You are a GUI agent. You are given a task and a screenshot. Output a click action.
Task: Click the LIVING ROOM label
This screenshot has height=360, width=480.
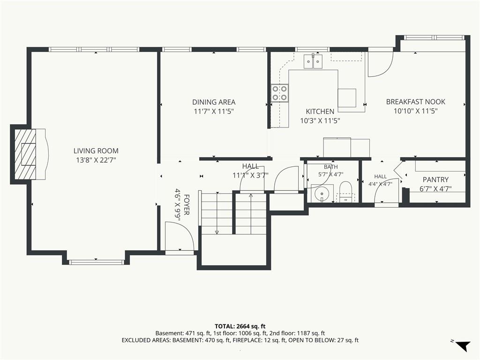coord(96,150)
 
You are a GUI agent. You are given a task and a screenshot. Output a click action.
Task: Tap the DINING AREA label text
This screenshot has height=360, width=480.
coord(214,102)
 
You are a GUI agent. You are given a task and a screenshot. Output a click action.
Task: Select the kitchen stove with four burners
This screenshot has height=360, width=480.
coord(280,93)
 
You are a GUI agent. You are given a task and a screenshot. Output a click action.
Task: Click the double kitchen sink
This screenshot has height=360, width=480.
coord(314,61)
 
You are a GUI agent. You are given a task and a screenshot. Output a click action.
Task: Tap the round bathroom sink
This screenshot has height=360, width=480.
coord(322,194)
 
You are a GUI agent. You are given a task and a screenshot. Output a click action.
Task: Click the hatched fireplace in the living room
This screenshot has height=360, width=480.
coord(25,155)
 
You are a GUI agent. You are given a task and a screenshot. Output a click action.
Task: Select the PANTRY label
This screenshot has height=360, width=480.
coord(435,180)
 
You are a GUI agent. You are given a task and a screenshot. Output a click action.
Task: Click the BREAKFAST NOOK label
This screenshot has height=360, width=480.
coord(415,102)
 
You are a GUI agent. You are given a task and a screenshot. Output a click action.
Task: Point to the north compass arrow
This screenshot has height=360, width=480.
coord(463,345)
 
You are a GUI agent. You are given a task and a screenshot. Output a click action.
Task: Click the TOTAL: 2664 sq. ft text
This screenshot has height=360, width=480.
coord(240,326)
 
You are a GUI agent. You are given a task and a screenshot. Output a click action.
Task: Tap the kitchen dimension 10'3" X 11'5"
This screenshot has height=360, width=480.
coord(320,121)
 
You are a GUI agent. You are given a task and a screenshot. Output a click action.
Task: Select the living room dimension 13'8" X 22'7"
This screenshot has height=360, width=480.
coord(96,160)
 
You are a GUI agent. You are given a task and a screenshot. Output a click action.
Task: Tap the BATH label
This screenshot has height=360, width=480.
coord(330,167)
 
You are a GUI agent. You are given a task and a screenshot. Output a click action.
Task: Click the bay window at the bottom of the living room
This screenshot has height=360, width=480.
coord(96,262)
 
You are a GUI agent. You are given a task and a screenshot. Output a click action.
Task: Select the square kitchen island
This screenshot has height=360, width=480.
coord(347,98)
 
